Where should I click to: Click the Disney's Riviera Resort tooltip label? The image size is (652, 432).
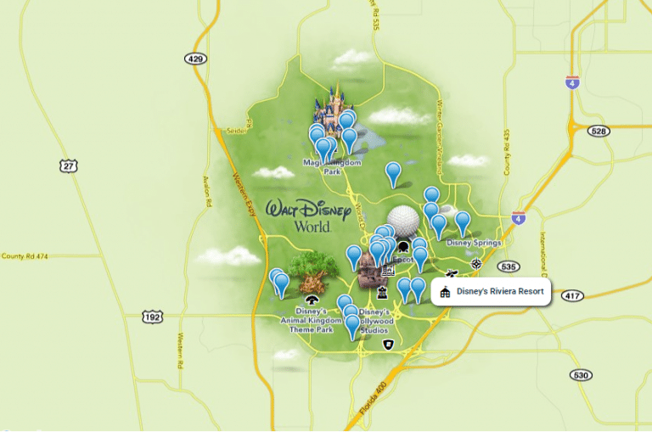click(x=492, y=292)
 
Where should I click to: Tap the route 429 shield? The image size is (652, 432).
click(x=194, y=58)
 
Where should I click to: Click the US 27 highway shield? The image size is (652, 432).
click(x=69, y=165)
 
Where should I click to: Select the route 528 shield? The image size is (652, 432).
click(x=599, y=131)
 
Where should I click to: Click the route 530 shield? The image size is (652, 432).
click(x=581, y=375)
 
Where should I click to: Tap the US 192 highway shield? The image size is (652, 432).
click(x=152, y=317)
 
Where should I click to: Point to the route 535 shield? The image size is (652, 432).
click(x=509, y=266)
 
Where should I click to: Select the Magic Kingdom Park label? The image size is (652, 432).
click(x=332, y=166)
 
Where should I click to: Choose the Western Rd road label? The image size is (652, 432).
click(x=181, y=350)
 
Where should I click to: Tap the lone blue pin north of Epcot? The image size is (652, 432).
click(x=393, y=173)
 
